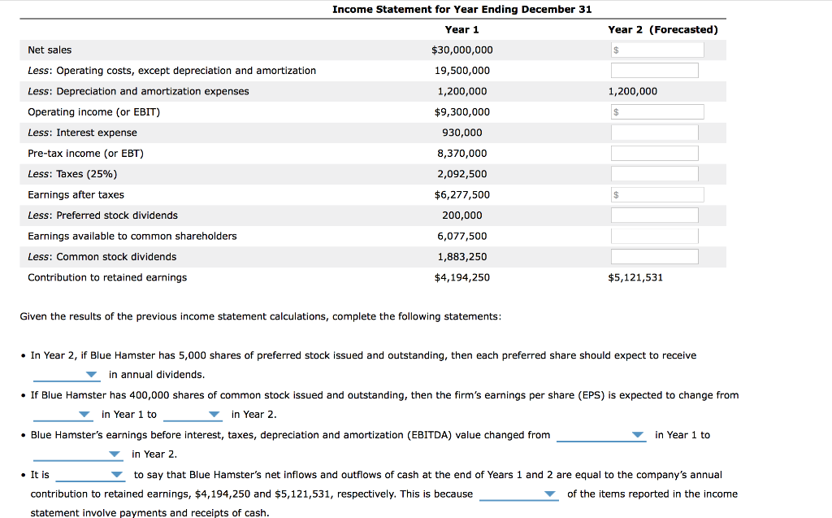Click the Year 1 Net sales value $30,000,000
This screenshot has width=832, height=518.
[461, 50]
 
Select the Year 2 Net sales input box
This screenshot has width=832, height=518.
[657, 50]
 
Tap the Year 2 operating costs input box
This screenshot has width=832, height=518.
[654, 71]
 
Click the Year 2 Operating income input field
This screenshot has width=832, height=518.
[657, 112]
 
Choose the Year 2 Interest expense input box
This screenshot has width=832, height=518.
[654, 133]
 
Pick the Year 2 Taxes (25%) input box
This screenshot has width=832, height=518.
[654, 174]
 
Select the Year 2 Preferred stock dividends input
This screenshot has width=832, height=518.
[654, 215]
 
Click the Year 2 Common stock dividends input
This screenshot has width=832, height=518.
[654, 257]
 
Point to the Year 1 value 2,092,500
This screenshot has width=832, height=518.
[461, 174]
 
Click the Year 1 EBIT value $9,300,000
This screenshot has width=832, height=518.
[461, 112]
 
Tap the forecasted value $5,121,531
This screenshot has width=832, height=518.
[635, 277]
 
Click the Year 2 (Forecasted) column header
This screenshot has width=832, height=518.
[662, 30]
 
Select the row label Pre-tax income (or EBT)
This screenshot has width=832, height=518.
[85, 154]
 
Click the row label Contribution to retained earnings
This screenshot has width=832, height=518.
[107, 277]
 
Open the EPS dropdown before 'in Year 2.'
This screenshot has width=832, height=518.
[193, 415]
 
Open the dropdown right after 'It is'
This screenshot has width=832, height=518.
[90, 475]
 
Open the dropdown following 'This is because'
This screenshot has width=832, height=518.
[519, 494]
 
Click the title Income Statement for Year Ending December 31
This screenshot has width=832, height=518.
[461, 9]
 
